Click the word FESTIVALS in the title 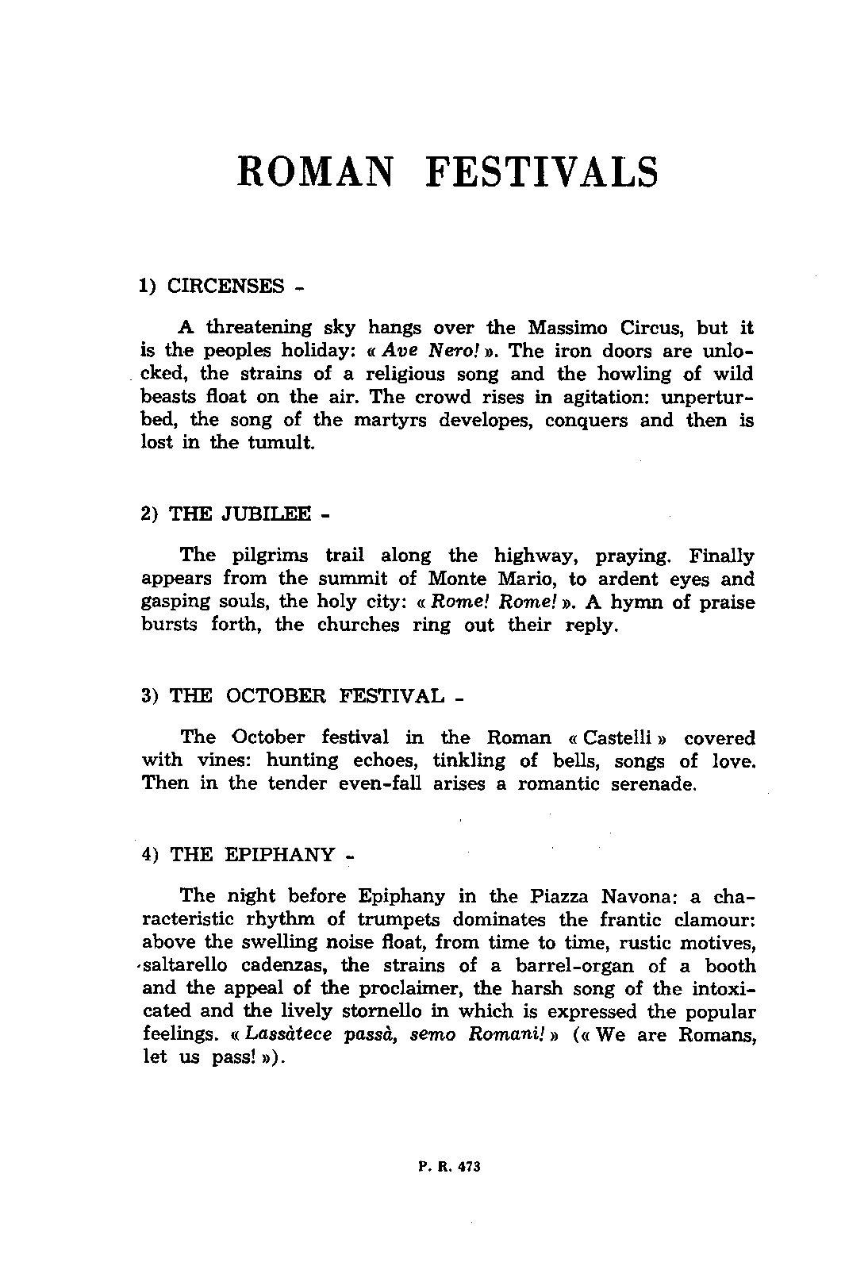542,172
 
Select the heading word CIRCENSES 225,286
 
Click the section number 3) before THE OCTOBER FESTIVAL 152,696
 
